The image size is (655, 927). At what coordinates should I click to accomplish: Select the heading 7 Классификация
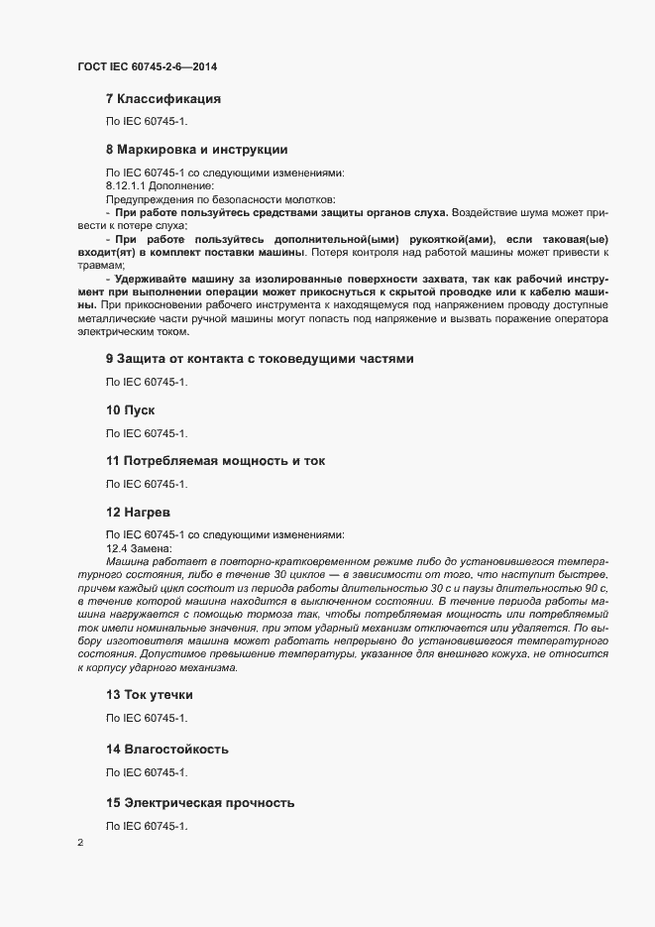[163, 99]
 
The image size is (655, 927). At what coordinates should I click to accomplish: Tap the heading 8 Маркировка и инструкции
[196, 150]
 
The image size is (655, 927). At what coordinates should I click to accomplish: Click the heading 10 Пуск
[131, 409]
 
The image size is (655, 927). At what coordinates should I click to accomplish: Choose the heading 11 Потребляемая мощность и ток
[215, 461]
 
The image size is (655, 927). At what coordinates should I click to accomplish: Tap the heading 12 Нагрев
[139, 513]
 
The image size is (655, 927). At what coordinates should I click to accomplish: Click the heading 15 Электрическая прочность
[200, 801]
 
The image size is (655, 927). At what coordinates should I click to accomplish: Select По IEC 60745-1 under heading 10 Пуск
[147, 433]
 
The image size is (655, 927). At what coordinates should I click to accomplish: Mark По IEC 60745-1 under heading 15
[147, 826]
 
